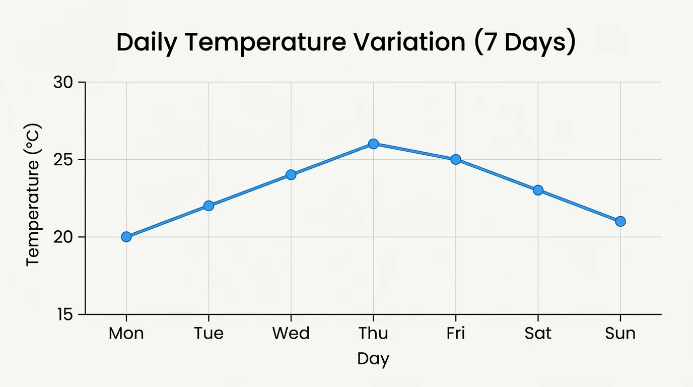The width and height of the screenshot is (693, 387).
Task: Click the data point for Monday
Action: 126,237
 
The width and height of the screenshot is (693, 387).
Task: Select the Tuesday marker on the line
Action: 209,206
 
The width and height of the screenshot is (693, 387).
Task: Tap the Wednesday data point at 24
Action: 291,175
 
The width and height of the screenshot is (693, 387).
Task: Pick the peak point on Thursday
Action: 373,144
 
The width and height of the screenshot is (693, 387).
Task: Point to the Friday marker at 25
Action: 456,159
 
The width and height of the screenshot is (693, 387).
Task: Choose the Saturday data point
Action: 538,190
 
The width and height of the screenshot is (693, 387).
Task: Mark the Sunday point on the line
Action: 620,221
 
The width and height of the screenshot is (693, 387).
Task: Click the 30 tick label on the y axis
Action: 62,82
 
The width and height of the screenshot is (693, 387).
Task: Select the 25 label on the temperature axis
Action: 62,160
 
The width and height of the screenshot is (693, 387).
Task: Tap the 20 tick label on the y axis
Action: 62,237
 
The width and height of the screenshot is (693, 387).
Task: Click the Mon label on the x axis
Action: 126,334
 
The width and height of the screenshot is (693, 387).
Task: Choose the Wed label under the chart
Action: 291,334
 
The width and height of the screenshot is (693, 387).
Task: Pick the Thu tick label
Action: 373,334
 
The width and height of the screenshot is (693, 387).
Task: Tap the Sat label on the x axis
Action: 538,334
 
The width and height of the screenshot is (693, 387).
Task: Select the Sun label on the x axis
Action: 620,334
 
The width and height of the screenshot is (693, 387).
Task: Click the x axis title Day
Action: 373,359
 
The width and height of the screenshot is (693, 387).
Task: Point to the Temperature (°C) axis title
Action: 33,195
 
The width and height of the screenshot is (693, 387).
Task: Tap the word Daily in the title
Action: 147,43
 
